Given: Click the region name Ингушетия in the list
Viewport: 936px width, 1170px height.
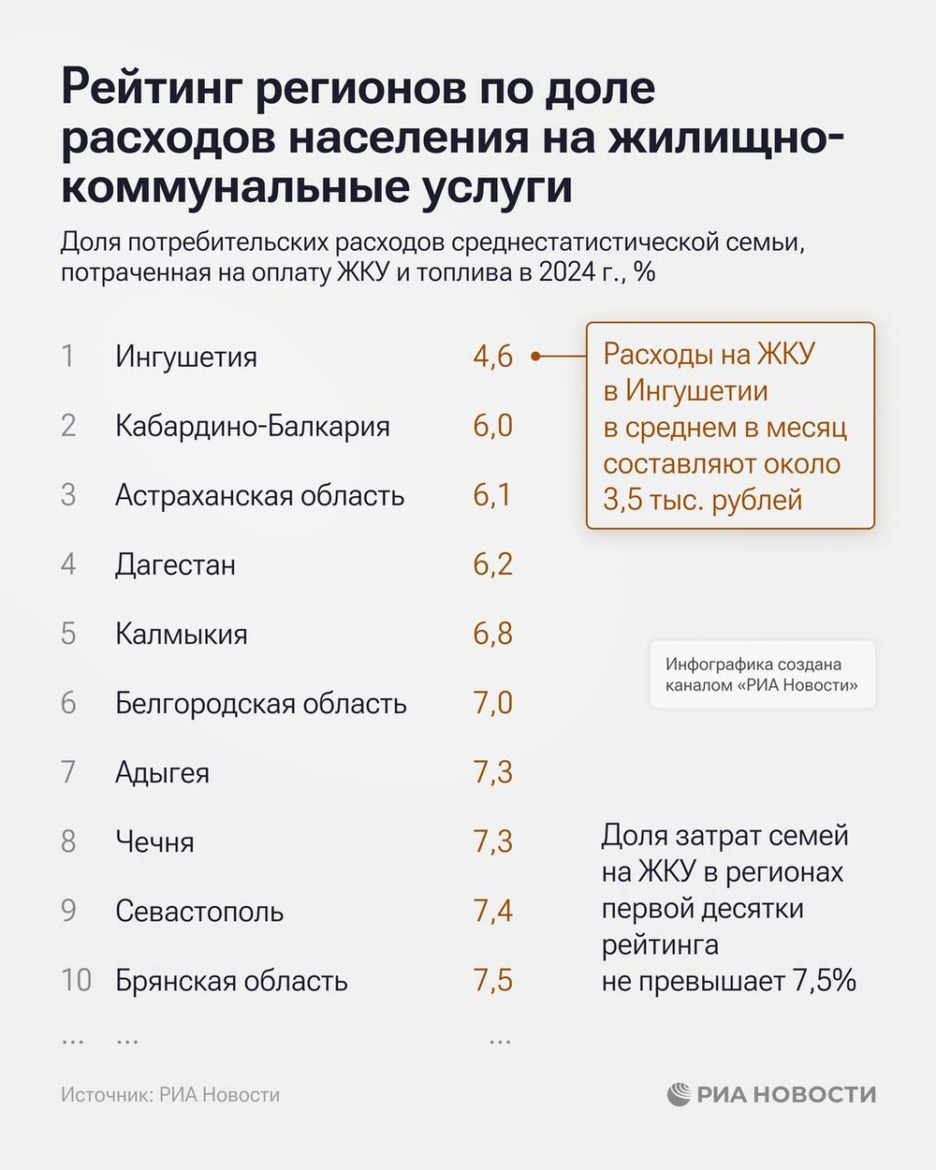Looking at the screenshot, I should pos(186,357).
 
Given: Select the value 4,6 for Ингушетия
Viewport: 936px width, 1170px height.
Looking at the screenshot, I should pos(492,357).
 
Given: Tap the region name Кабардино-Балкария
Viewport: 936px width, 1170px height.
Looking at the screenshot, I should pos(253,426).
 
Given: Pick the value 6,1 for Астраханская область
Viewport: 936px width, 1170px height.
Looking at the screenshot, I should pos(492,495).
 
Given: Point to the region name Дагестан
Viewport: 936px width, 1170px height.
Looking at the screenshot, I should pos(175,565).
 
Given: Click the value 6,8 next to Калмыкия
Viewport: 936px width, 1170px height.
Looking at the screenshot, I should pos(492,634).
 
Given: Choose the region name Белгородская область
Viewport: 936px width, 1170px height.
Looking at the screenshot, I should pos(260,703).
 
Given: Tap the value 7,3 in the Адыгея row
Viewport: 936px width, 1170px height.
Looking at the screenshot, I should pos(492,772).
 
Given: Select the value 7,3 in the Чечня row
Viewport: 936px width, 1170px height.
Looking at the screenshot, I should pos(492,841).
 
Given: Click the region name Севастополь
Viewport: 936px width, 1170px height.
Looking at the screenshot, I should pos(200,912).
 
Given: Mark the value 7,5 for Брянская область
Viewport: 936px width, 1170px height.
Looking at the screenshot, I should pos(492,980).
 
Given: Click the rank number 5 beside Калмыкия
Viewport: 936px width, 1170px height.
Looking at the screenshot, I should pos(68,634).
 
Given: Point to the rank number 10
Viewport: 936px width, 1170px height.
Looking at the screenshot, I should pos(75,980).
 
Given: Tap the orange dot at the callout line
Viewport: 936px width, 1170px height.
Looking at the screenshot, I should pos(535,357).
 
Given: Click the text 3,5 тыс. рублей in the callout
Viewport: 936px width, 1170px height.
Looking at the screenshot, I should pos(702,500).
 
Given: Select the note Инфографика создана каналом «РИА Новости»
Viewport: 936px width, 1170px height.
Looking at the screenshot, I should pos(761,675).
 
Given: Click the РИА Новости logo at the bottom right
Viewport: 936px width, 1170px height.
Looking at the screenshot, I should pos(771,1094).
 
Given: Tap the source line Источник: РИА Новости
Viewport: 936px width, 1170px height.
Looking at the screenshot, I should pos(170,1095).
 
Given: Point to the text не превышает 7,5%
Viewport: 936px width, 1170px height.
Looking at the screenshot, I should pos(728,981).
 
